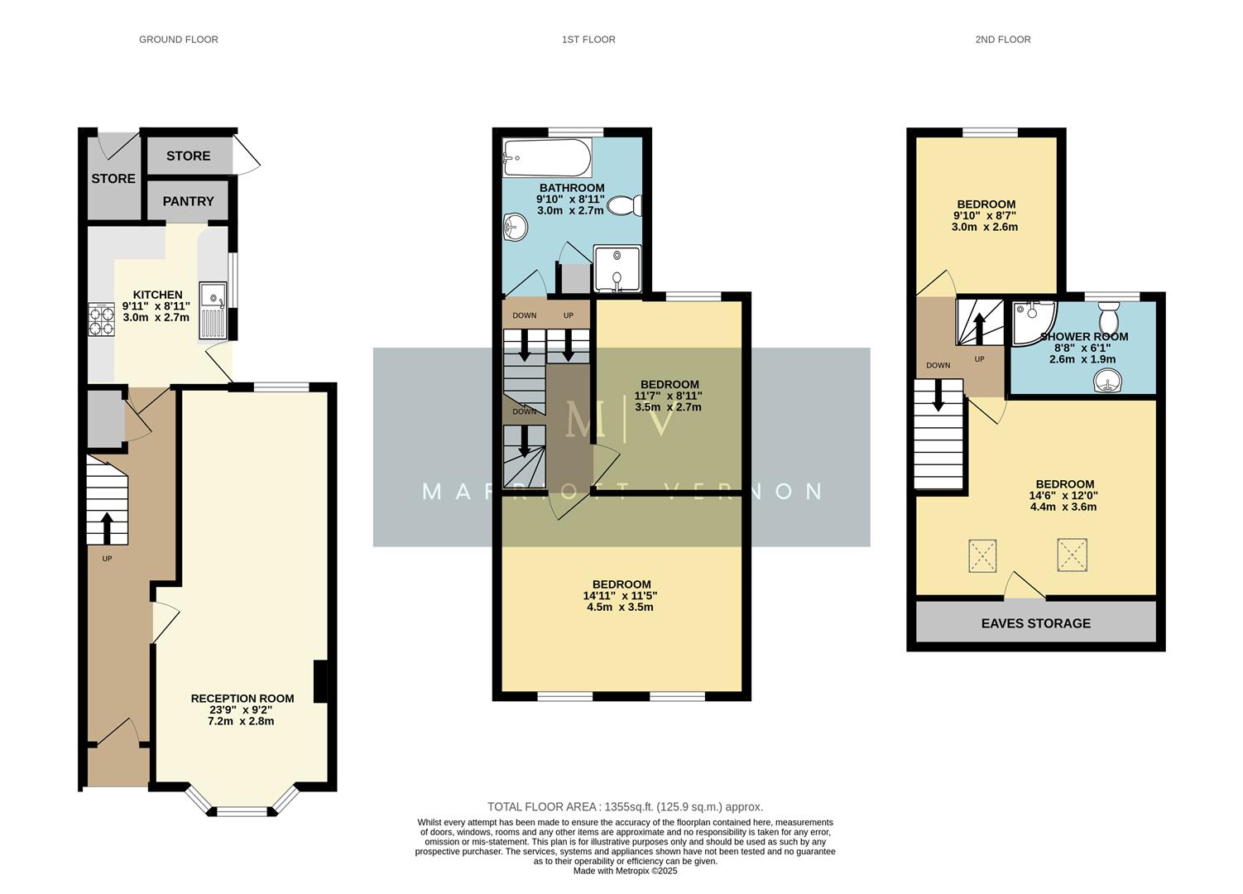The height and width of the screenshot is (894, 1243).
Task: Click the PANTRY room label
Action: [x=188, y=201]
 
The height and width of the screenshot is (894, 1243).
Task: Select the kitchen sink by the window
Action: [x=213, y=310]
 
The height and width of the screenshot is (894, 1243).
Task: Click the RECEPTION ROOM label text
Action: [x=242, y=699]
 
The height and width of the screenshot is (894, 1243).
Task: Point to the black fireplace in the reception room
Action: [x=320, y=682]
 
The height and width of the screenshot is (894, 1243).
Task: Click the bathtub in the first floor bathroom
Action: [x=546, y=156]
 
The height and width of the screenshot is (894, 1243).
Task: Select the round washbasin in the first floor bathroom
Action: [x=516, y=227]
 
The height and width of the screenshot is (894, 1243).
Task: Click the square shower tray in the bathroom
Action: [x=617, y=269]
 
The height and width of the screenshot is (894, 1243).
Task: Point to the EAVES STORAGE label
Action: [x=1035, y=623]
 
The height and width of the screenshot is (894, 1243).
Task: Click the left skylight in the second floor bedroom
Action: [x=983, y=555]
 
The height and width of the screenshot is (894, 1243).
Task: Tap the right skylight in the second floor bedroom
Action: [x=1072, y=555]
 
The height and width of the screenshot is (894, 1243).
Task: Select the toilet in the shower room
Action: [x=1108, y=317]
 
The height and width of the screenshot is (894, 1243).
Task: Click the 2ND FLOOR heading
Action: [x=1002, y=39]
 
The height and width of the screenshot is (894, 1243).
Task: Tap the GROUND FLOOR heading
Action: [x=178, y=39]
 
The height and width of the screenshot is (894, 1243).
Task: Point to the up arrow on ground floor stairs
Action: [x=107, y=526]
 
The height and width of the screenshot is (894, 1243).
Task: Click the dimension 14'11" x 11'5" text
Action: [x=620, y=595]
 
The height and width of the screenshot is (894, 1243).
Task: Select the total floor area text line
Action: [x=625, y=806]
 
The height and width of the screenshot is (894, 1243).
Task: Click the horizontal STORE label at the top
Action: [x=188, y=156]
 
